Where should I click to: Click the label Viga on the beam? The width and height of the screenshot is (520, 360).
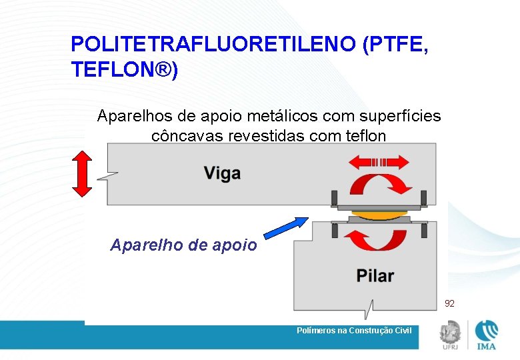click(222, 174)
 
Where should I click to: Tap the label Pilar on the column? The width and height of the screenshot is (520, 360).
click(375, 275)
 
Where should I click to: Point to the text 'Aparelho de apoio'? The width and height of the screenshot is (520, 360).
click(183, 245)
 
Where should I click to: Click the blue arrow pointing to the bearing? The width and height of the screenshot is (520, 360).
click(286, 227)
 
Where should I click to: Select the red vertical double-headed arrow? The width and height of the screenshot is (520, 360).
click(81, 173)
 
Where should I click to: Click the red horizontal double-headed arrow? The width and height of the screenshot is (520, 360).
click(379, 162)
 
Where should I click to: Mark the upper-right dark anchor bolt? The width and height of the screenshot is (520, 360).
click(424, 197)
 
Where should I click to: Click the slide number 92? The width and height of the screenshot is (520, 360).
click(449, 303)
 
